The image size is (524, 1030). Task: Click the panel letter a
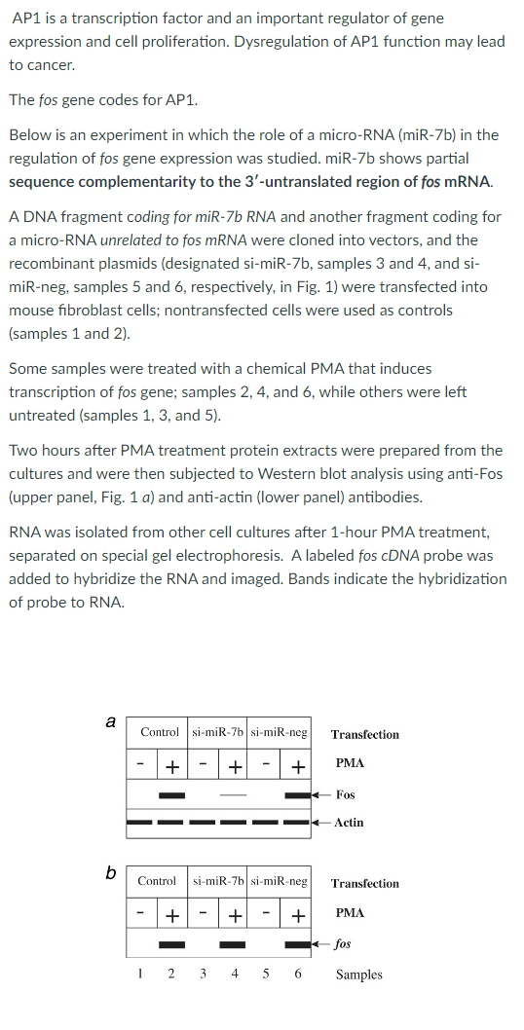110,722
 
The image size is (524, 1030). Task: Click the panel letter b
112,871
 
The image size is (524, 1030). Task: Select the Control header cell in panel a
160,732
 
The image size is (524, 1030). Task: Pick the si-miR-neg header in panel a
280,732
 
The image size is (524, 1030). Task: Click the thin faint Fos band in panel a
233,795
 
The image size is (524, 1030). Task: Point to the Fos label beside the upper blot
345,795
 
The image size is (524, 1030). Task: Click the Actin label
349,823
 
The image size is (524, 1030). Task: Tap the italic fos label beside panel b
343,943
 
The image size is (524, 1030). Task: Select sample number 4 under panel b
233,974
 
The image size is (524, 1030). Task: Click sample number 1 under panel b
141,974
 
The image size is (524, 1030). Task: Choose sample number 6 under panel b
297,974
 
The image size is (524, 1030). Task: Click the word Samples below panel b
359,975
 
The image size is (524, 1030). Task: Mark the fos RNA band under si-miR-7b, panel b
233,944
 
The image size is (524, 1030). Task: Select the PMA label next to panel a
350,762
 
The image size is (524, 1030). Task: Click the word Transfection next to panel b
365,884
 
